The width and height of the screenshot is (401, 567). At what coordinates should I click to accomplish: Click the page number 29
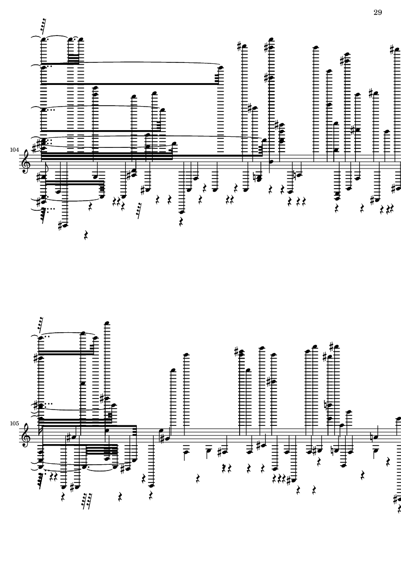point(377,12)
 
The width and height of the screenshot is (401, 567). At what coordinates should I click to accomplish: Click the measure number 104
point(14,150)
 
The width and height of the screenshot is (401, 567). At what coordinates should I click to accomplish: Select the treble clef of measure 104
point(26,162)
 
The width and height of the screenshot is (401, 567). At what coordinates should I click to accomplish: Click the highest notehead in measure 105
point(107,323)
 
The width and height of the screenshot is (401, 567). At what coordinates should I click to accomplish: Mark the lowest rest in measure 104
point(86,235)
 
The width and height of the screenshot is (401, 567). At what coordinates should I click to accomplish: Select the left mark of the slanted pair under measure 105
point(85,501)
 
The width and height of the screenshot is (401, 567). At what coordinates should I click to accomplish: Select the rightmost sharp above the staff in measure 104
point(392,49)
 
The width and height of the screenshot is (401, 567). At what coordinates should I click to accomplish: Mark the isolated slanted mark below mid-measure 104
point(138,211)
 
